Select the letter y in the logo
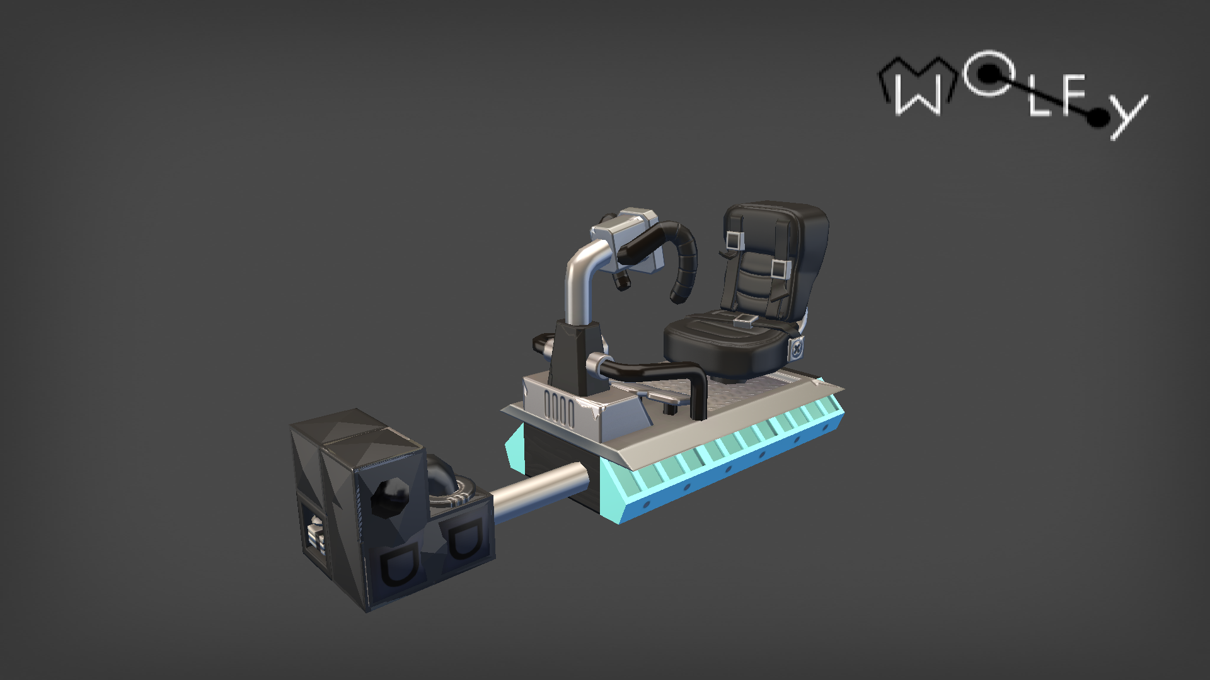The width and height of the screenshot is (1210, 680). pyautogui.click(x=1128, y=117)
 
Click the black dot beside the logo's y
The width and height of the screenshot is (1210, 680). pyautogui.click(x=1099, y=116)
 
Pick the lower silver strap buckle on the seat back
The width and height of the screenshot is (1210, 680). pyautogui.click(x=780, y=269)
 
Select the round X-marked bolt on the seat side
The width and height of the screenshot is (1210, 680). pyautogui.click(x=798, y=348)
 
